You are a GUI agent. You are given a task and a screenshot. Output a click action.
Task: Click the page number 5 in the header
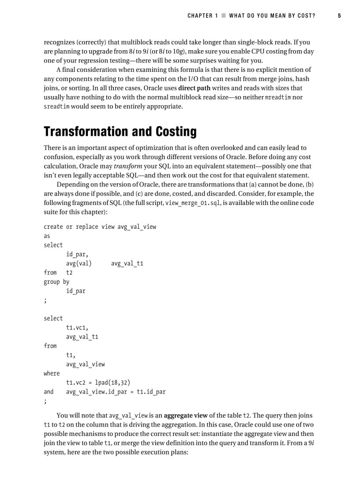[339, 16]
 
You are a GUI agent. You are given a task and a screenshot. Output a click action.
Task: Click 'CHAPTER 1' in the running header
[202, 16]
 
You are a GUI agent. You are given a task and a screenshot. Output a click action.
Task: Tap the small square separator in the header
[224, 16]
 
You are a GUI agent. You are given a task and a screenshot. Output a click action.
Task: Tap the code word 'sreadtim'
[57, 107]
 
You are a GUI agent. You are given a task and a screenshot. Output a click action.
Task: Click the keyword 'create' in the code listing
[53, 227]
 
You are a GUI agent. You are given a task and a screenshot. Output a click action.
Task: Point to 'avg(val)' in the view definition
[79, 264]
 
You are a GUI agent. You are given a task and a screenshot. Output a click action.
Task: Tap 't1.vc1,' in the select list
[77, 328]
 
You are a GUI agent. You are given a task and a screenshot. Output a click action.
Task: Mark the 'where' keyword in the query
[52, 373]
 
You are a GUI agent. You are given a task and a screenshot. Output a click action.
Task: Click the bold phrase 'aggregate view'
[185, 416]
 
